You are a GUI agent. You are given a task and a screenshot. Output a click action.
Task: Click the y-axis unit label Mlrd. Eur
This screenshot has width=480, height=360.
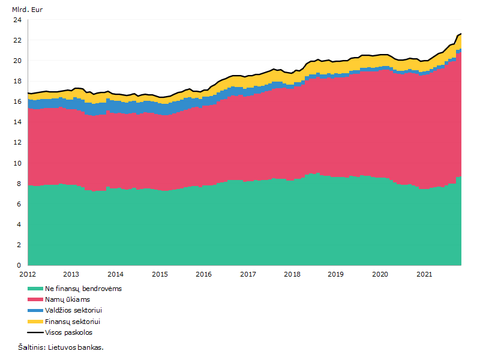pyautogui.click(x=27, y=10)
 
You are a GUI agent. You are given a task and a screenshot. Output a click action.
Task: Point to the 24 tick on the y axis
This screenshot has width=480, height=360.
pyautogui.click(x=17, y=20)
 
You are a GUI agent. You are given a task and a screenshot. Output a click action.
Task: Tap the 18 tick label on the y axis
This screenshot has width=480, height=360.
pyautogui.click(x=17, y=81)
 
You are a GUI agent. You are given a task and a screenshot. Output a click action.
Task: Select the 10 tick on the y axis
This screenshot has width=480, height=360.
pyautogui.click(x=17, y=163)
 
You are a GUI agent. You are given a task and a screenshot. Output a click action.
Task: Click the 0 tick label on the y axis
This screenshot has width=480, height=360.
pyautogui.click(x=19, y=265)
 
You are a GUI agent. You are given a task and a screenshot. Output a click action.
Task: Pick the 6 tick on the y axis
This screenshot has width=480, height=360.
pyautogui.click(x=19, y=204)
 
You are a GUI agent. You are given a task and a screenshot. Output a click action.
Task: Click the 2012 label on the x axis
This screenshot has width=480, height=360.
pyautogui.click(x=28, y=274)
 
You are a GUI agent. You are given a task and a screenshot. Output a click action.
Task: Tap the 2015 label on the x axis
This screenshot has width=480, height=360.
pyautogui.click(x=160, y=274)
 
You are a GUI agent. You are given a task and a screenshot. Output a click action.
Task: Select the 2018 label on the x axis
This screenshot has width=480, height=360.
pyautogui.click(x=292, y=274)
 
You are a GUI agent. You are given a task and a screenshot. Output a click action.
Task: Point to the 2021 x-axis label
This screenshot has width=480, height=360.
pyautogui.click(x=424, y=274)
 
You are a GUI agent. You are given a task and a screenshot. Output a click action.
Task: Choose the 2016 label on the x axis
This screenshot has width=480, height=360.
pyautogui.click(x=203, y=274)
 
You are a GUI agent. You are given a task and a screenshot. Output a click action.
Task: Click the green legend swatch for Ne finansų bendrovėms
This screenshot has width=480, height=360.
pyautogui.click(x=35, y=289)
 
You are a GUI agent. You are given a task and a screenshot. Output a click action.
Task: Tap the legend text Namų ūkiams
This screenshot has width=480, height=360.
pyautogui.click(x=67, y=299)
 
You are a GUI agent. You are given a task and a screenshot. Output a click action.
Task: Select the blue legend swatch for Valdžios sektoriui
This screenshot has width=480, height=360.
pyautogui.click(x=35, y=310)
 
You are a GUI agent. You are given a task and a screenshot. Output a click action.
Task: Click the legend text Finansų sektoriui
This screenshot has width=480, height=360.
pyautogui.click(x=73, y=322)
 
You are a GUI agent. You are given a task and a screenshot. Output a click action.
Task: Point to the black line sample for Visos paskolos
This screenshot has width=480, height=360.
pyautogui.click(x=35, y=332)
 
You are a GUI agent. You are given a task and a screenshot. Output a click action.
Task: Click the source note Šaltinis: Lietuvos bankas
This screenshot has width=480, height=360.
pyautogui.click(x=61, y=347)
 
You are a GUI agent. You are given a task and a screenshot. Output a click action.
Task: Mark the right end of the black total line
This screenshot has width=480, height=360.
pyautogui.click(x=461, y=34)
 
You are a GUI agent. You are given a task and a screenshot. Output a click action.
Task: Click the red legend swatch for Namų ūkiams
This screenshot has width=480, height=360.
pyautogui.click(x=35, y=299)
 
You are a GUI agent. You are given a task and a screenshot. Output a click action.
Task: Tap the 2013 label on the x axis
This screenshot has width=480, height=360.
pyautogui.click(x=71, y=274)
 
